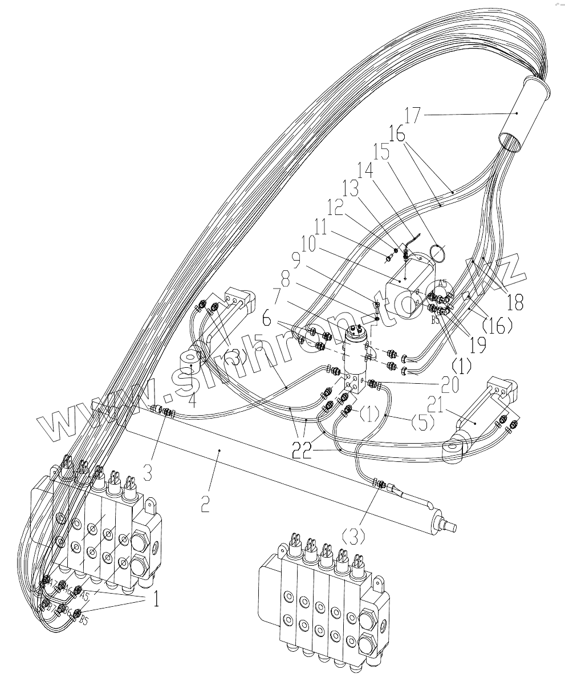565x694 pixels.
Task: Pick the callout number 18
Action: [515, 302]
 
